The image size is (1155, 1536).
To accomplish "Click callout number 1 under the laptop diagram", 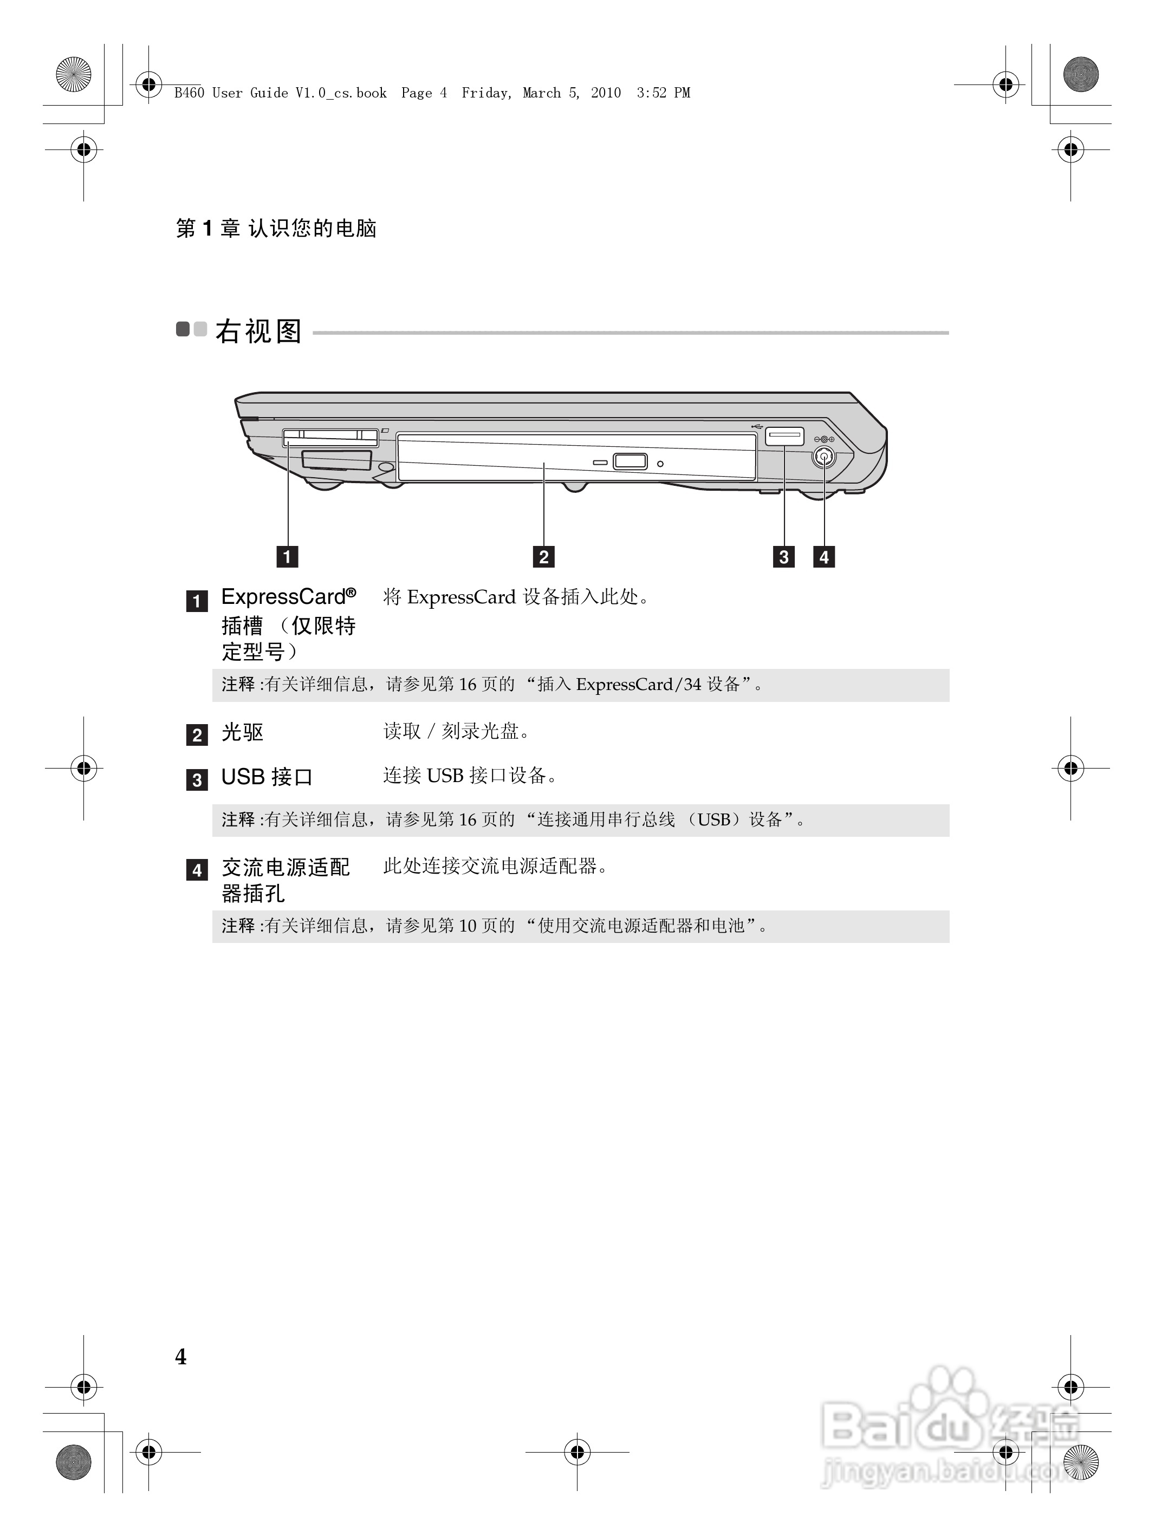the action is point(287,556).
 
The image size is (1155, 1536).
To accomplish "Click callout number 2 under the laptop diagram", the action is point(544,556).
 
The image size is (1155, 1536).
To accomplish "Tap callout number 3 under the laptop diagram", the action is point(783,556).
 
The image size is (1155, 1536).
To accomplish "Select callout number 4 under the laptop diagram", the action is point(823,556).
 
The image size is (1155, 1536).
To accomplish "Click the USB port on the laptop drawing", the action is point(784,436).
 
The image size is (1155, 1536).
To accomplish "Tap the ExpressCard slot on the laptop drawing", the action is point(330,438).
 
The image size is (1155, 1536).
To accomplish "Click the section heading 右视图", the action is point(258,331).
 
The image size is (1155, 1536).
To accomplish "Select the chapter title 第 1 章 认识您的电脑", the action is point(276,228).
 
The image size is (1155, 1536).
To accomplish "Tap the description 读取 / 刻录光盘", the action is point(456,731).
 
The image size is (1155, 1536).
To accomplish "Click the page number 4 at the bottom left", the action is point(180,1356).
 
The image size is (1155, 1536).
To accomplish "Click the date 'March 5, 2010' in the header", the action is point(572,93).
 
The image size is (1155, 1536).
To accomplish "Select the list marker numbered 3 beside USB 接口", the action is point(197,780).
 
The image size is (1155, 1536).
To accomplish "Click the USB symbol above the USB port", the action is point(758,425).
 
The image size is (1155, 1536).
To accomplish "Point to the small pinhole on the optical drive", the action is point(660,463).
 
